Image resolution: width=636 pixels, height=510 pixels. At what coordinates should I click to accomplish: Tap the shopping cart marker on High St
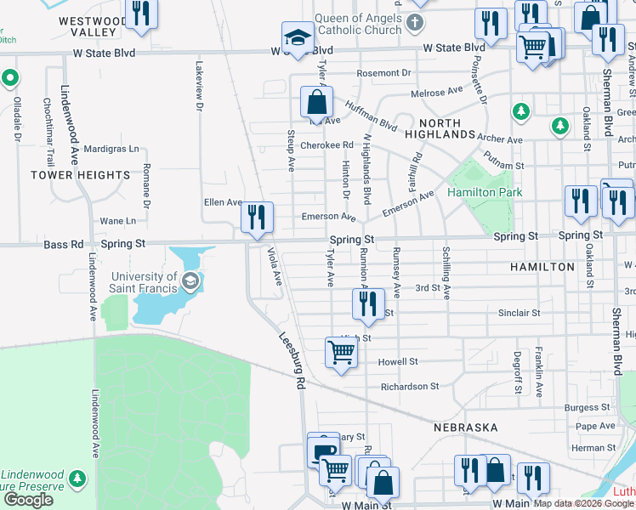(x=341, y=349)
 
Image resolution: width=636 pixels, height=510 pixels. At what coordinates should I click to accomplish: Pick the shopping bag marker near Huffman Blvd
(x=316, y=102)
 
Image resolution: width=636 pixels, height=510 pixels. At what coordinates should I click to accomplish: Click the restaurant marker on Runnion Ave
(x=367, y=303)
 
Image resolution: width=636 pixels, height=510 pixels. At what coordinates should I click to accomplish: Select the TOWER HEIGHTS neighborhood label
(x=81, y=175)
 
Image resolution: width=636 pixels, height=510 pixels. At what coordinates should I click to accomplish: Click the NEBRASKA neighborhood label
(x=464, y=427)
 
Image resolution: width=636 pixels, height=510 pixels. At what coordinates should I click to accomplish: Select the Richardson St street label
(x=410, y=386)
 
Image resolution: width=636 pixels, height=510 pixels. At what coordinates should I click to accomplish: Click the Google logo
(x=28, y=500)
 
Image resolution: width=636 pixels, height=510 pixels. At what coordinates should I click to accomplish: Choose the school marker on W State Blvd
(x=298, y=36)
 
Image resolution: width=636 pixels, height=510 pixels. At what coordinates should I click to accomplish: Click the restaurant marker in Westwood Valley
(x=141, y=13)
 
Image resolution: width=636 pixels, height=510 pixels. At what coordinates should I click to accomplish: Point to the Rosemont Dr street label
(x=383, y=73)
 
